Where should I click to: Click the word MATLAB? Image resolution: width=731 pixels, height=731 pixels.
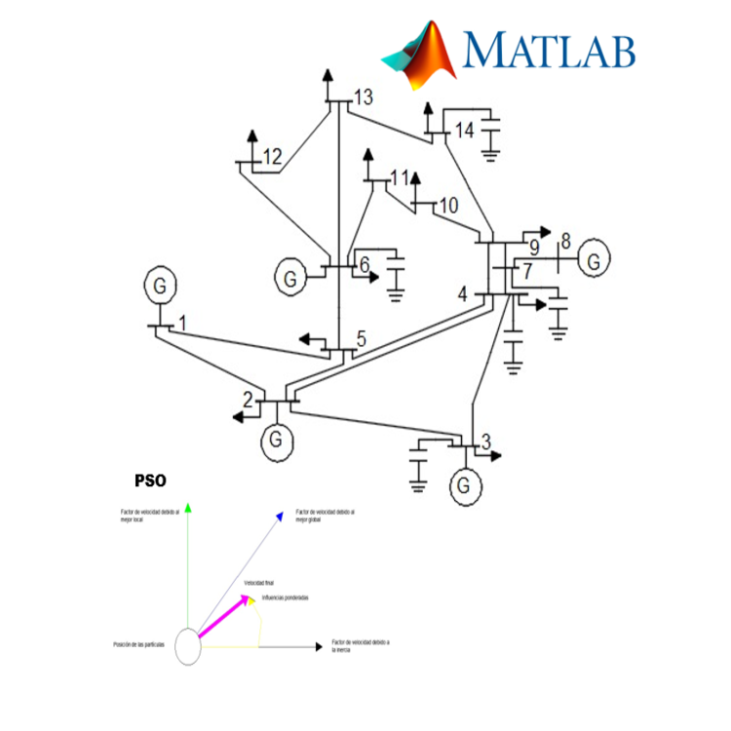550,49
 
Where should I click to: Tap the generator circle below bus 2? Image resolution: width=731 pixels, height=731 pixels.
277,440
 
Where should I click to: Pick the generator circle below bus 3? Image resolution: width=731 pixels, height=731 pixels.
465,484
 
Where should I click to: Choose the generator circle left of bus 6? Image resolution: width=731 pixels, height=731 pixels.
290,277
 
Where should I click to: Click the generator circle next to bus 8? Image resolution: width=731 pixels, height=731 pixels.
594,259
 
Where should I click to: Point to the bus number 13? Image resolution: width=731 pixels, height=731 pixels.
364,97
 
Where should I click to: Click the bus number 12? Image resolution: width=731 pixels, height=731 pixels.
272,156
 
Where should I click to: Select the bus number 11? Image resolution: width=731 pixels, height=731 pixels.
399,177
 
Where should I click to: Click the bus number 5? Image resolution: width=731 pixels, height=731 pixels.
361,339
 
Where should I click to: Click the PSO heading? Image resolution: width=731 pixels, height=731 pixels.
150,481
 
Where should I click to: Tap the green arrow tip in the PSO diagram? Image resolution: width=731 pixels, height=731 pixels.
189,506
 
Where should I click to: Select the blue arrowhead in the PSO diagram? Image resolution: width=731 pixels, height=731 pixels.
280,517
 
